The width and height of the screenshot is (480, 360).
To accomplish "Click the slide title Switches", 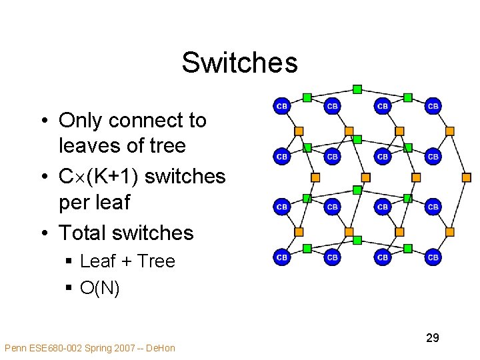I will pos(239,63).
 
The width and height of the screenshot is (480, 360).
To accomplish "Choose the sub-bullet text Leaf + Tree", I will pos(127,261).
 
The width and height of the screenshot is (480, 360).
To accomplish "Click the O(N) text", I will pos(100,288).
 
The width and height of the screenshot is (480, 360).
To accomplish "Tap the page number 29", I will pos(433,338).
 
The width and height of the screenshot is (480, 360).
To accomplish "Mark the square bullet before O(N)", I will pos(69,289).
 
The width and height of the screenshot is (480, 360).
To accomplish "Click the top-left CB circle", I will pos(282,106).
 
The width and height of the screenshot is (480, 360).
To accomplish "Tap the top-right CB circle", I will pos(433,106).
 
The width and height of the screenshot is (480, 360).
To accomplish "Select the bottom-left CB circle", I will pos(282,257).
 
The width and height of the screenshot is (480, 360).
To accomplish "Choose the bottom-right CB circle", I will pos(433,257).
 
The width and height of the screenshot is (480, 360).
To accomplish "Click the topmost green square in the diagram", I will pos(357,89).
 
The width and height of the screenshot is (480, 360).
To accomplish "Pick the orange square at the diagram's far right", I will pos(466,178).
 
